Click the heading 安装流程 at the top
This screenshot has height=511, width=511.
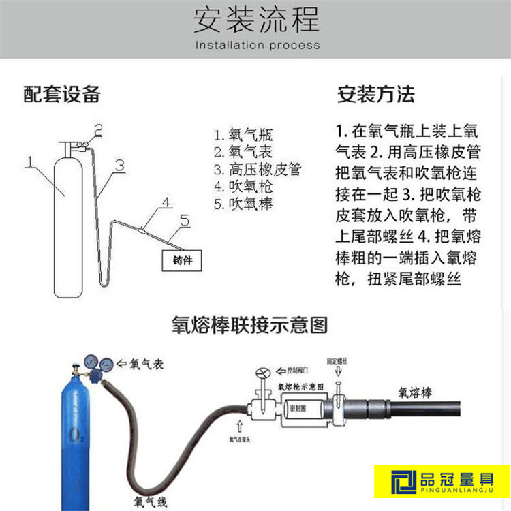pos(255,20)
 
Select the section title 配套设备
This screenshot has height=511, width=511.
pos(62,94)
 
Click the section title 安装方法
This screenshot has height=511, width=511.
pos(375,94)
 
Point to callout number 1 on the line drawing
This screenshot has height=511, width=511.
pos(29,161)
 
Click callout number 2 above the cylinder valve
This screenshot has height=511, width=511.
pos(98,129)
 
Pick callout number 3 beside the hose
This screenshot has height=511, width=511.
pos(120,165)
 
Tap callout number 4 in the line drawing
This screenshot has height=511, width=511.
pos(165,202)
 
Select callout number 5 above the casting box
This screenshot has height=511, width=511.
pos(184,219)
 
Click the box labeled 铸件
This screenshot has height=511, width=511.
pos(183,260)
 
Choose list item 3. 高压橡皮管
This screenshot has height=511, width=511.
pos(257,170)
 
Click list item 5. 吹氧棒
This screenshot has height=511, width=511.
pos(243,204)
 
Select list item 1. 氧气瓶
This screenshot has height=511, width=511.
pos(243,135)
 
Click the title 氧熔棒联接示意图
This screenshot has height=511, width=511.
pos(249,325)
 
